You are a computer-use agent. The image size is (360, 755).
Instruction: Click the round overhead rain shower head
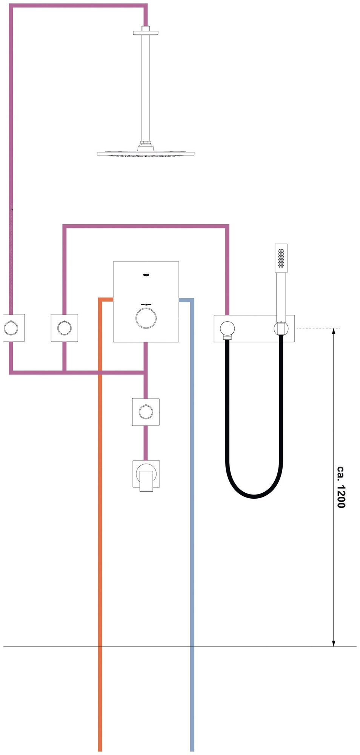[x=146, y=154]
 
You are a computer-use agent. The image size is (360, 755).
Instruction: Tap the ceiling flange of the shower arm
[x=146, y=32]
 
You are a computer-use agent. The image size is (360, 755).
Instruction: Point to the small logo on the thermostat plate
[x=146, y=275]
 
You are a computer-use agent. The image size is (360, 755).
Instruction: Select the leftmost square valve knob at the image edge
[x=10, y=328]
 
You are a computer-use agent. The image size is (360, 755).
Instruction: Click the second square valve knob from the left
[x=65, y=328]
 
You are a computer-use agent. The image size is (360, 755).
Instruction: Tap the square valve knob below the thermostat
[x=146, y=412]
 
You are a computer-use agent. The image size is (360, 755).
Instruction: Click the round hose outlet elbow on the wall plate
[x=228, y=328]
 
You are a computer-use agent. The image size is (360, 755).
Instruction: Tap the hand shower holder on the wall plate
[x=281, y=328]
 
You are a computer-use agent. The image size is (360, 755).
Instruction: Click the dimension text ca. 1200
[x=341, y=487]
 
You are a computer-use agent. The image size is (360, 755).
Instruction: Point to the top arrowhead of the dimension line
[x=334, y=331]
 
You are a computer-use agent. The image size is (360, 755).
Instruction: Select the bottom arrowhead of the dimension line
[x=334, y=643]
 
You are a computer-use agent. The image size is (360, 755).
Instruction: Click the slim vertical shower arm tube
[x=146, y=87]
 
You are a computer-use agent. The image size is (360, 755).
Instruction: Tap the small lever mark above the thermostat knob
[x=146, y=304]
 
